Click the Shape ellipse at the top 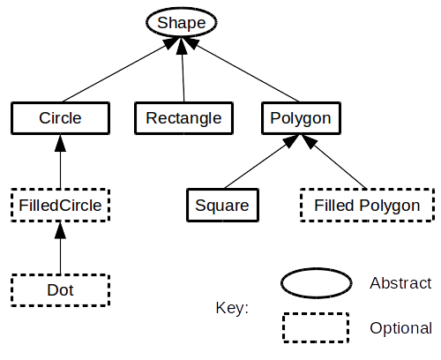point(181,21)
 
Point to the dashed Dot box point(60,289)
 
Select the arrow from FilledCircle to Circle point(60,162)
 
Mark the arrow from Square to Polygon point(260,162)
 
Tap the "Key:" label point(232,308)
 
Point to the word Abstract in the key point(400,283)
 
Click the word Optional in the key point(400,328)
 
